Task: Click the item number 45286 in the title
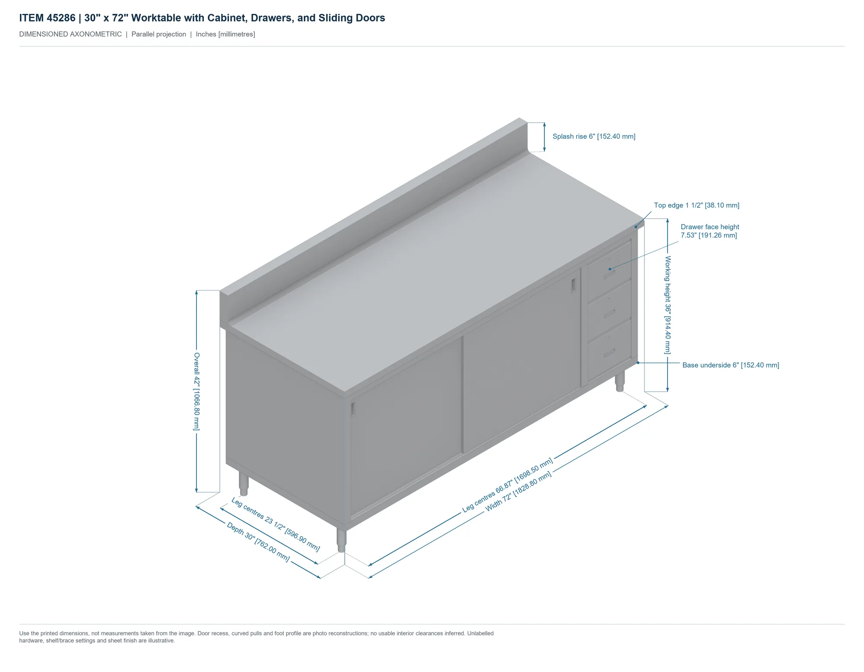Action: [x=61, y=18]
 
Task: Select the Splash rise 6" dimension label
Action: [x=594, y=136]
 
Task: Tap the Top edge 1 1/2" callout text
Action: [x=696, y=205]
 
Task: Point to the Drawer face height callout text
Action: [x=710, y=231]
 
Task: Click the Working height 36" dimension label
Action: [x=668, y=305]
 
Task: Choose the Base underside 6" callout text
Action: [x=731, y=365]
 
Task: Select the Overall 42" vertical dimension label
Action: [x=197, y=391]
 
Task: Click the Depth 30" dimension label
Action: [x=258, y=542]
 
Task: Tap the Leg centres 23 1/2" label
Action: [x=276, y=524]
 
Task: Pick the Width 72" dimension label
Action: [x=518, y=491]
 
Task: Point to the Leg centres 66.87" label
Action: [x=508, y=485]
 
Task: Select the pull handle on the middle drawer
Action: [x=609, y=314]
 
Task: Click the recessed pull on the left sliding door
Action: [x=353, y=409]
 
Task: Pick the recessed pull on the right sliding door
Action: [x=573, y=285]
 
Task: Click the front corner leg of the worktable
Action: [x=341, y=541]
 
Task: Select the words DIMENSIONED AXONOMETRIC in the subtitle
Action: [x=70, y=34]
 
